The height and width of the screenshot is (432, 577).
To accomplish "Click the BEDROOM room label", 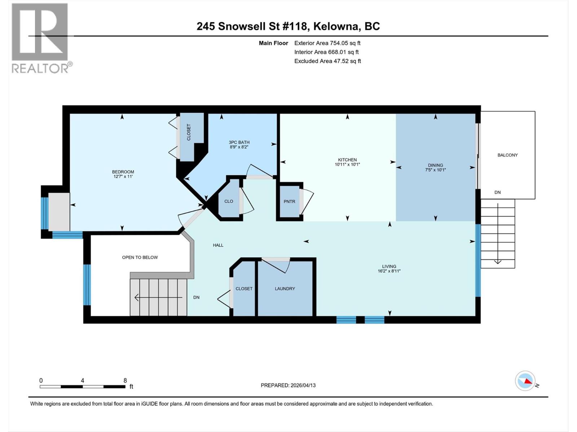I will [123, 172].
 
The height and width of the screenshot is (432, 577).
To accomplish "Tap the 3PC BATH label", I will [239, 142].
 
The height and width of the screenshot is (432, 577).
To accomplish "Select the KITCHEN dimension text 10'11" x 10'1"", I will [347, 165].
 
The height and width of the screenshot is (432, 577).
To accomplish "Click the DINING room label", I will [435, 165].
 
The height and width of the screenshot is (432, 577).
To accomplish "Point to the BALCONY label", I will [507, 155].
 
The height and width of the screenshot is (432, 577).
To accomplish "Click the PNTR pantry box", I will [289, 202].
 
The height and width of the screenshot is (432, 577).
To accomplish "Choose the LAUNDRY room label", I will [285, 289].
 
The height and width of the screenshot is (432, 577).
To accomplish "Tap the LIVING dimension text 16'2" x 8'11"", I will [389, 271].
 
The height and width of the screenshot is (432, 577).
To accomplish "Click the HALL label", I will [218, 245].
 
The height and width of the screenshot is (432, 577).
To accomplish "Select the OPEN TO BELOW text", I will [140, 257].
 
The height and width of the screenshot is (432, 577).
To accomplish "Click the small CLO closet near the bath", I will [229, 202].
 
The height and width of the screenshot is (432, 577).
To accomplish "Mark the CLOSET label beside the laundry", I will [244, 289].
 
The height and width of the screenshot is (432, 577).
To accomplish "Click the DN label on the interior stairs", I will [197, 297].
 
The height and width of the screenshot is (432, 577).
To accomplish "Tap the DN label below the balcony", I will [497, 192].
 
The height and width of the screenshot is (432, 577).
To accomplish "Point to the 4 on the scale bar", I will [83, 381].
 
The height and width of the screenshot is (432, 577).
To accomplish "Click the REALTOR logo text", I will [40, 68].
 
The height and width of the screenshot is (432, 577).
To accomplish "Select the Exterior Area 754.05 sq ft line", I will [327, 43].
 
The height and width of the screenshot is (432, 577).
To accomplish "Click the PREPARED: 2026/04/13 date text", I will [288, 385].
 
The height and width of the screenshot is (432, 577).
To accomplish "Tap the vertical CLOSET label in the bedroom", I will [189, 132].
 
